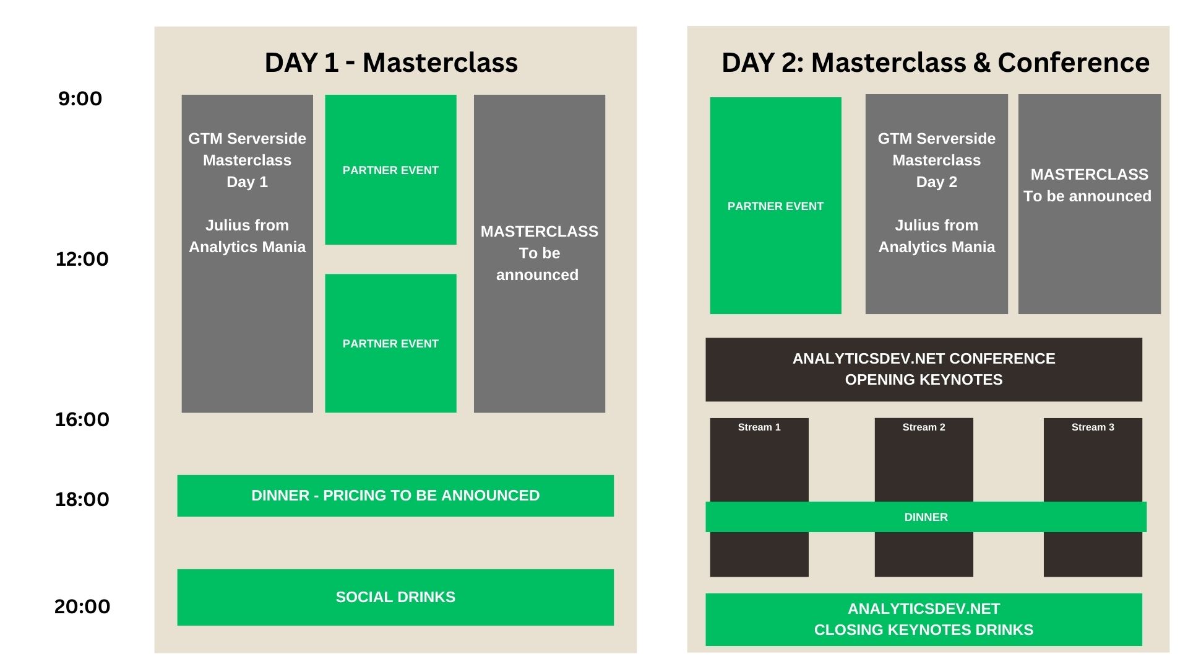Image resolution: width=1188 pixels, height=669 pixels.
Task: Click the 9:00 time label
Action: click(x=80, y=98)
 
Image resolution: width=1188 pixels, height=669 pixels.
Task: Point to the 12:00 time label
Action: click(x=82, y=259)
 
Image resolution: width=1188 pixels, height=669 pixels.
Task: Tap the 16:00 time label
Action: click(x=82, y=419)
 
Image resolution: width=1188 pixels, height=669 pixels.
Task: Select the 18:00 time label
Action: click(x=82, y=499)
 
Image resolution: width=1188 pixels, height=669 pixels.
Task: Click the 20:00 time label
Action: click(x=82, y=606)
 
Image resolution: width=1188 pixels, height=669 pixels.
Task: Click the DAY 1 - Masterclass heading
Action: click(x=391, y=63)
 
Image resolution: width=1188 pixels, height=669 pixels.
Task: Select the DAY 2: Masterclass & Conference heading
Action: click(x=936, y=63)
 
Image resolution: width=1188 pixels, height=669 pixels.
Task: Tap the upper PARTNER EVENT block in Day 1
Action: click(x=390, y=170)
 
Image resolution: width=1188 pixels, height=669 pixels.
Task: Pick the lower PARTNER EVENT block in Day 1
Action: click(x=390, y=343)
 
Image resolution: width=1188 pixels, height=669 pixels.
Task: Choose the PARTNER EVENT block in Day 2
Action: click(x=775, y=206)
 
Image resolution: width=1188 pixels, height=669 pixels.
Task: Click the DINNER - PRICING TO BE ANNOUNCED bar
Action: click(x=395, y=496)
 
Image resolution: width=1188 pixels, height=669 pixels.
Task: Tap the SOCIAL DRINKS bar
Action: click(x=395, y=597)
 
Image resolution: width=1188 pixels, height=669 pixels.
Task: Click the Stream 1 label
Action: click(x=759, y=427)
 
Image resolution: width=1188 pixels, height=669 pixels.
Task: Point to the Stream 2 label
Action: click(x=924, y=427)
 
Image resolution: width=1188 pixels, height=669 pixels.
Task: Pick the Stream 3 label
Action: click(x=1093, y=427)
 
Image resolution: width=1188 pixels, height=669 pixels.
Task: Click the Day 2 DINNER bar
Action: click(x=926, y=517)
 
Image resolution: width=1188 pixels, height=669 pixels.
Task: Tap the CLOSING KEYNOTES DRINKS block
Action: click(x=924, y=619)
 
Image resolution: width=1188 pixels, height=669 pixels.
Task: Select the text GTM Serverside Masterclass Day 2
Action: click(x=937, y=160)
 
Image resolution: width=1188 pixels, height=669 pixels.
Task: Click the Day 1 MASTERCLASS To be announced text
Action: click(x=539, y=253)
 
